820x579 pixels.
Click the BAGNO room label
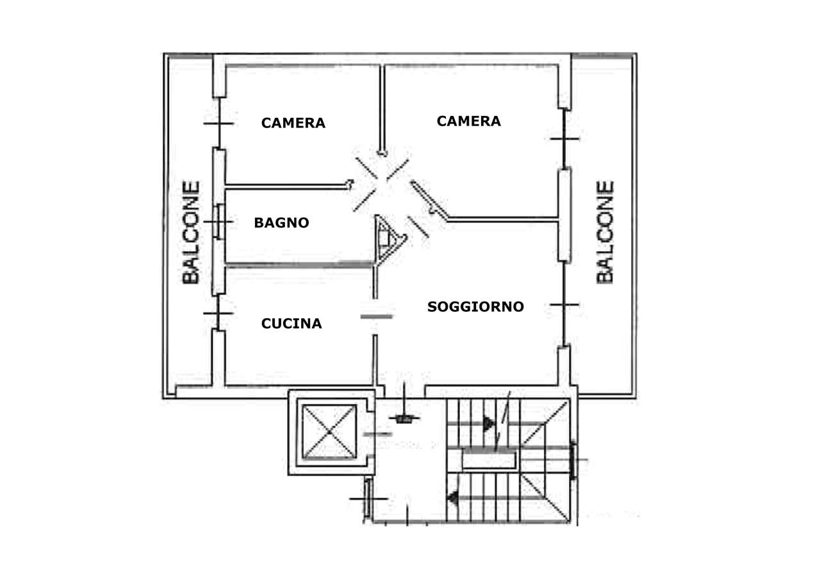pos(281,222)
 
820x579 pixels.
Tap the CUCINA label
pos(291,323)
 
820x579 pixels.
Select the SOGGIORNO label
pos(475,307)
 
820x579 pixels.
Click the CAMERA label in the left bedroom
pos(293,123)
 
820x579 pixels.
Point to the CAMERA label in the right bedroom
pos(468,121)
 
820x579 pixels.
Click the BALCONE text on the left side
pos(191,232)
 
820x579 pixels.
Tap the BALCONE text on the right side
pos(605,232)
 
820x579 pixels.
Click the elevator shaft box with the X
pos(329,432)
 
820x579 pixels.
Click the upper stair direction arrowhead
pos(488,424)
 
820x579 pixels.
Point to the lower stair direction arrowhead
pos(453,498)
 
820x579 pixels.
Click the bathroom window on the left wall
pos(219,222)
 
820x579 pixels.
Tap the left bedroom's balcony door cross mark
pos(218,124)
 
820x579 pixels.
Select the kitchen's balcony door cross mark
pos(218,313)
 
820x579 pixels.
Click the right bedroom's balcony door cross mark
pos(564,139)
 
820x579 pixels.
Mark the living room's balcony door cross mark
pos(564,304)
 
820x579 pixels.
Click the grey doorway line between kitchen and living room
pos(377,316)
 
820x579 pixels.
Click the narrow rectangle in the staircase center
pos(489,461)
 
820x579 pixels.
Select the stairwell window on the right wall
pos(573,461)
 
